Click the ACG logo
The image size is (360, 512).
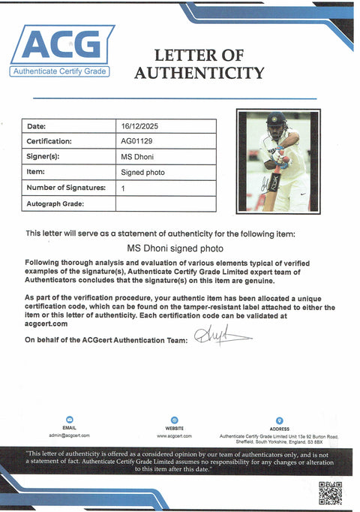pos(61,50)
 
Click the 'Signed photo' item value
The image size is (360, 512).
pos(142,172)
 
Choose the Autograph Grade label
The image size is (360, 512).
pos(55,203)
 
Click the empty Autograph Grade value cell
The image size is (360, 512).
pos(165,203)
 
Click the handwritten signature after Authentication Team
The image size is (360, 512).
pos(217,336)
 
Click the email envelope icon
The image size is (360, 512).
pos(70,420)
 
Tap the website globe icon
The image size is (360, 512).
pos(174,420)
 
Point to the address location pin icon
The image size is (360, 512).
pos(279,420)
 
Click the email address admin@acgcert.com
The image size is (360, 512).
pos(70,435)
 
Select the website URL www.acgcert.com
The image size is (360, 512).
pos(174,435)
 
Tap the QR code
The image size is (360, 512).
pos(330,492)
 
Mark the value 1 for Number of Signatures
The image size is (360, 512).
pos(123,188)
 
